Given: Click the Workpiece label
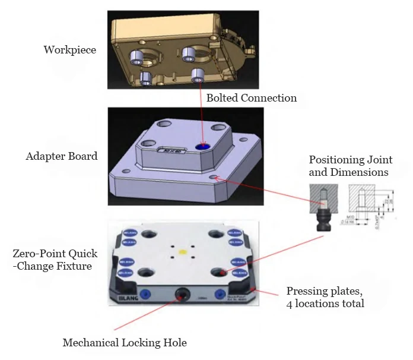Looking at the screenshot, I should (69, 50).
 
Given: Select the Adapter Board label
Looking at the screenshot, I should (62, 157).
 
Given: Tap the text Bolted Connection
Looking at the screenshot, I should (252, 98).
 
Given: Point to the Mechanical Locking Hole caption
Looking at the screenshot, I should (125, 343).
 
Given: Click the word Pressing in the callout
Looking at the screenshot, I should (306, 291).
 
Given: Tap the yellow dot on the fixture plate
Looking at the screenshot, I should (182, 252).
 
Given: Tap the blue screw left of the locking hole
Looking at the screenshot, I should (143, 292).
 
